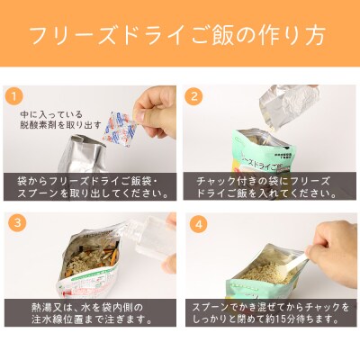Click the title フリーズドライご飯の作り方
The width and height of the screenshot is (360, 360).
click(x=180, y=36)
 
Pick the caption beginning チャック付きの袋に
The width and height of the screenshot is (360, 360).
click(x=270, y=186)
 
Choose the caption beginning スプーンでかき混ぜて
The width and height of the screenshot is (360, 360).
click(x=270, y=312)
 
